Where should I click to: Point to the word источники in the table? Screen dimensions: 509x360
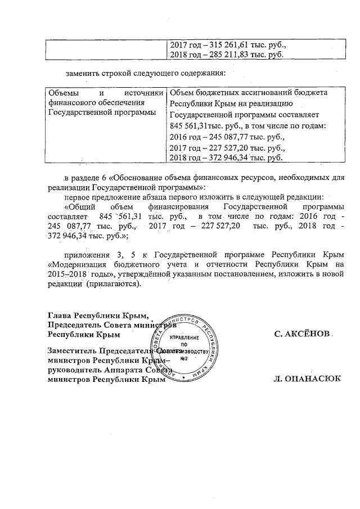point(146,92)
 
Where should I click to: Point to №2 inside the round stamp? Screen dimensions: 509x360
point(182,358)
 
